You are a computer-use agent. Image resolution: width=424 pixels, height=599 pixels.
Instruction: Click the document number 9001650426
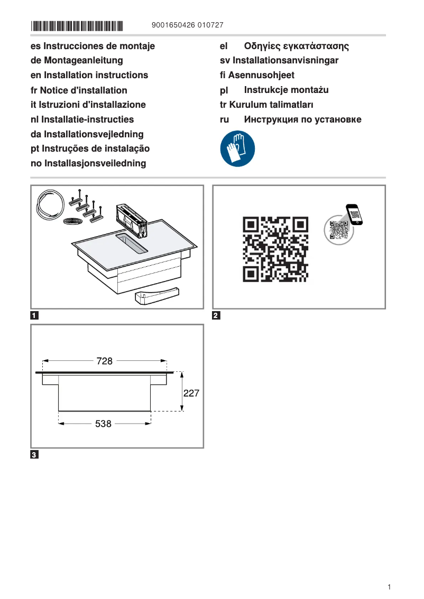(173, 25)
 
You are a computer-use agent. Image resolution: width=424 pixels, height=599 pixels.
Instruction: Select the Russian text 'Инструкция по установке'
(302, 120)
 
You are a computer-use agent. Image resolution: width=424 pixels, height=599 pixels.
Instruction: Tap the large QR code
(275, 249)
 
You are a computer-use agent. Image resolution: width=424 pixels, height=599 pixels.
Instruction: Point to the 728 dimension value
(105, 361)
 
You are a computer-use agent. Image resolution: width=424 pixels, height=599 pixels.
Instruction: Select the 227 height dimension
(191, 394)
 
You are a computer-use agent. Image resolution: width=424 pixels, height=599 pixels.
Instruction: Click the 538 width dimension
(104, 424)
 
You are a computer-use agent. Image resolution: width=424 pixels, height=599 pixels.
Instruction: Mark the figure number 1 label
(34, 316)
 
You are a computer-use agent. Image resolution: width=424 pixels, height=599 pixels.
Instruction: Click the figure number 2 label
(216, 316)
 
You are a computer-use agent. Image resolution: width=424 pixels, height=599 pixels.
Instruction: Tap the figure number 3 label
(34, 455)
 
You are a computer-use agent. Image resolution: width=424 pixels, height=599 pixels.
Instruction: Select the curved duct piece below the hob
(156, 296)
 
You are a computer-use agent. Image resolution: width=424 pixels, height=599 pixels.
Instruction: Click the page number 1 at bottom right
(389, 587)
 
